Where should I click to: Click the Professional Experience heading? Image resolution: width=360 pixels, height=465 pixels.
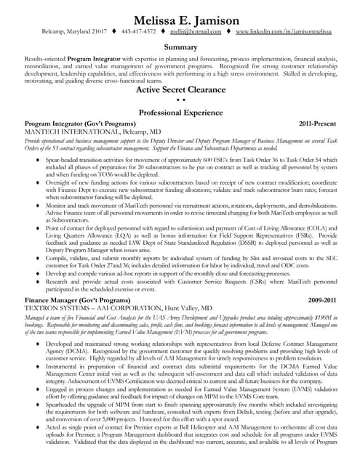pyautogui.click(x=180, y=113)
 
